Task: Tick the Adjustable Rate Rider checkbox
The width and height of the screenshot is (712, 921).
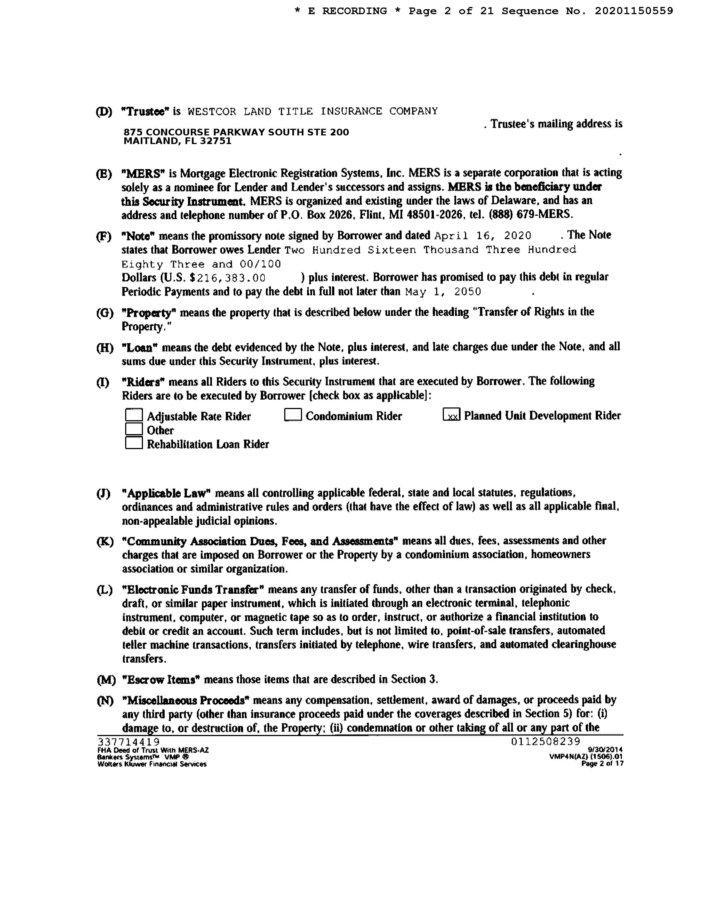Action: coord(134,415)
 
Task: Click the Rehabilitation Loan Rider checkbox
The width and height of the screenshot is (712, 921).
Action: coord(134,443)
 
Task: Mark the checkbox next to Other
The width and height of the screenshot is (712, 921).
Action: coord(134,429)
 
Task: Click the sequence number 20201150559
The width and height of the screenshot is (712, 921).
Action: coord(634,11)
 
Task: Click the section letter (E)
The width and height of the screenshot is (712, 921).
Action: coord(104,174)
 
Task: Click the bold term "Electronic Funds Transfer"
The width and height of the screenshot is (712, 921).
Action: coord(195,590)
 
